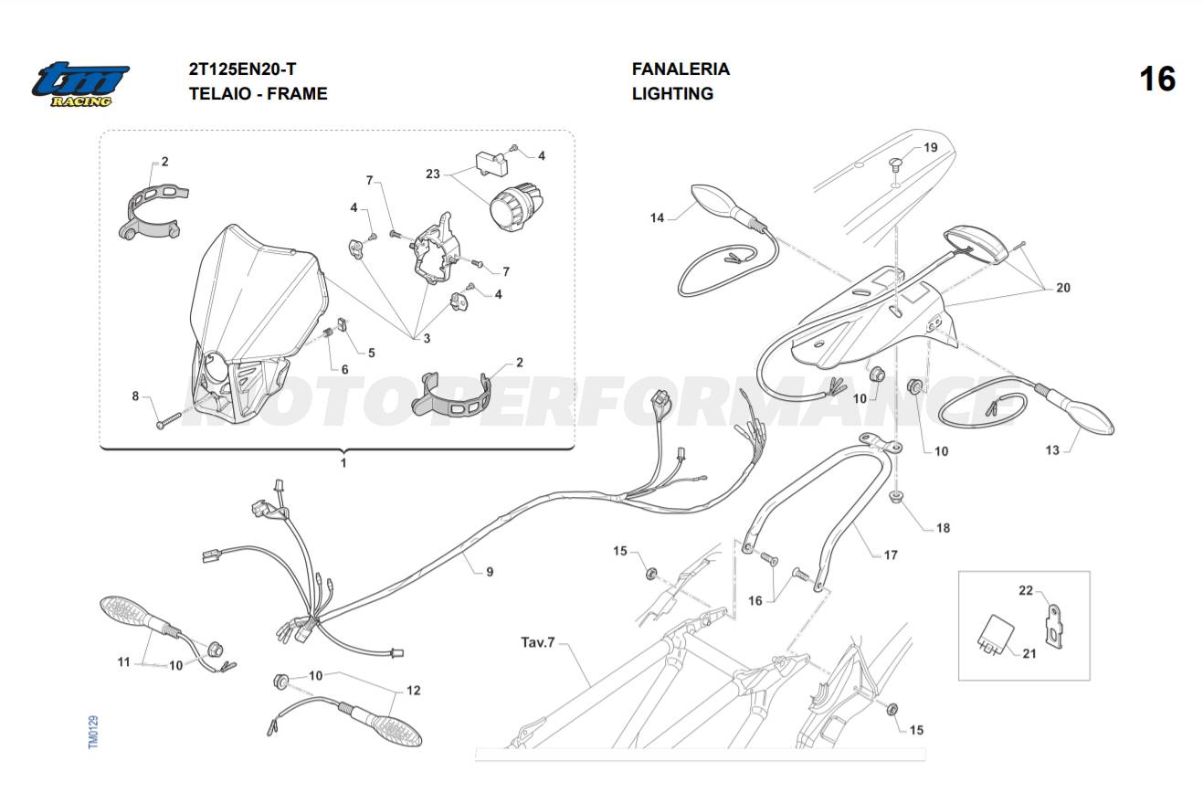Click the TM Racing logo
80,84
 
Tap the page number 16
1157,79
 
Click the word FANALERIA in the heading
681,69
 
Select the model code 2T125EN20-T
242,69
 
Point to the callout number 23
433,174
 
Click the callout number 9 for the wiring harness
490,572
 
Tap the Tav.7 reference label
538,642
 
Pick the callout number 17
891,555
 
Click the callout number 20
1063,288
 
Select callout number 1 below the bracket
343,463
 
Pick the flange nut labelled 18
896,498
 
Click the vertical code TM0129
93,733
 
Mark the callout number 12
413,691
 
